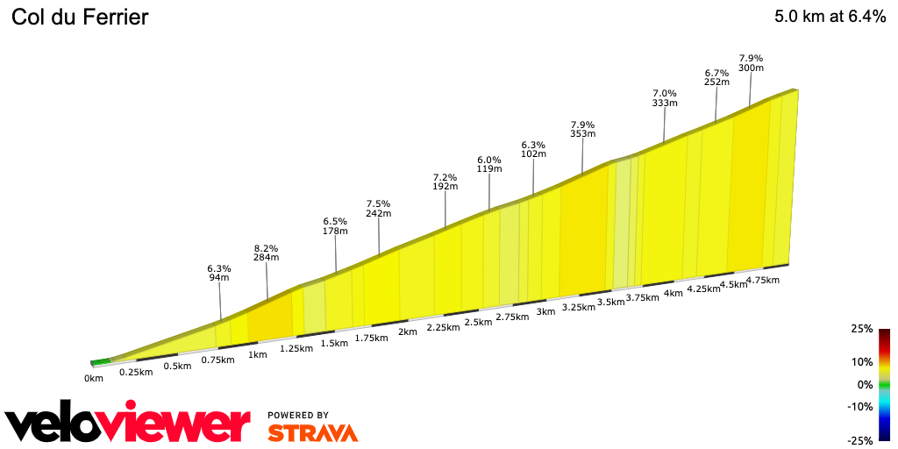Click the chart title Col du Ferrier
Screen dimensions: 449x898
pos(80,18)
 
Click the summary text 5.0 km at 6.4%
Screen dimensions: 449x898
pos(830,18)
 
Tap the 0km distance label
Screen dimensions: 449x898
pos(94,378)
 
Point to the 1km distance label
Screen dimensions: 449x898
pos(257,354)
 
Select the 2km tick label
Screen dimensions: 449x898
pos(407,331)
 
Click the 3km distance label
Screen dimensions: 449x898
pos(545,312)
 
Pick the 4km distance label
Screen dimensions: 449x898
pos(673,293)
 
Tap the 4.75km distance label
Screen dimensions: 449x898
pos(762,280)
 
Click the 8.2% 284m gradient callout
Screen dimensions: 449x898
pos(266,253)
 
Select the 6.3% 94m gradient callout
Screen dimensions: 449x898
pos(218,273)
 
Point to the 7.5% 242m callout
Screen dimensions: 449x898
pos(379,208)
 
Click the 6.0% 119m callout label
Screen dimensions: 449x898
pos(489,164)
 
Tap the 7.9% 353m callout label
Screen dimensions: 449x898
pos(583,129)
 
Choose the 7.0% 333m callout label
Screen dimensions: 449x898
pos(665,97)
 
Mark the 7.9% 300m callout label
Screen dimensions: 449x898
pos(751,63)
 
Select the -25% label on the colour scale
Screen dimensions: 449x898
pos(860,440)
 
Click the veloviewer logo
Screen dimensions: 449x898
pos(128,424)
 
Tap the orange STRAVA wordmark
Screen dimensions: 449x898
pos(312,432)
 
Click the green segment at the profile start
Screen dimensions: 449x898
pos(101,360)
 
